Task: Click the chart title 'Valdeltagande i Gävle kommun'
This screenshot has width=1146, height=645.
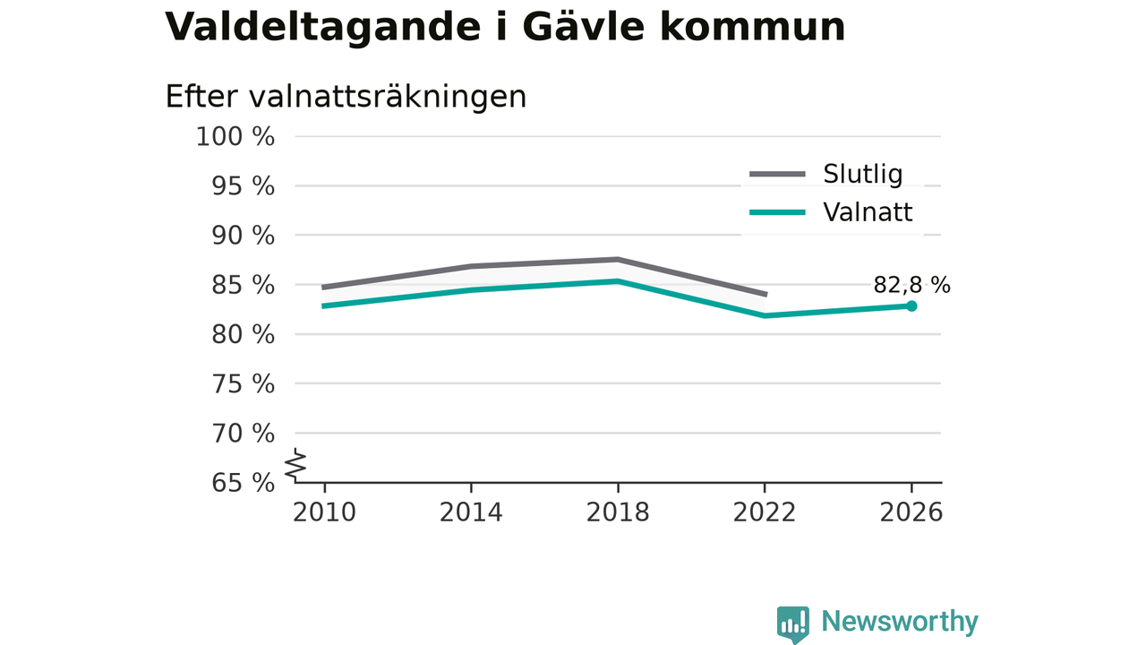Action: (504, 27)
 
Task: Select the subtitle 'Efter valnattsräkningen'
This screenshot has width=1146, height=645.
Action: (346, 97)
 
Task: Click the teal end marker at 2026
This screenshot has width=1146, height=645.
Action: (911, 306)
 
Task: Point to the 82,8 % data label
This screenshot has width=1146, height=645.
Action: (911, 285)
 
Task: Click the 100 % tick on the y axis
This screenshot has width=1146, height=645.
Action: (235, 137)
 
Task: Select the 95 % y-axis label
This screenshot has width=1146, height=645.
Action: (243, 186)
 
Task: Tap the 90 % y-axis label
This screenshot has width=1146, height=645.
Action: (243, 236)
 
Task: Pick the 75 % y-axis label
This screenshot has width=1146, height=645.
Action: (243, 384)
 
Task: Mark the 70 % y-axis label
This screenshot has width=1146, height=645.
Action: (243, 434)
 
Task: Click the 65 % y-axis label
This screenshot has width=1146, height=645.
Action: (243, 483)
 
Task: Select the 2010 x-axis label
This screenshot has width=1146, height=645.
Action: (324, 512)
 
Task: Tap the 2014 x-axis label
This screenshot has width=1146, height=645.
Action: (471, 512)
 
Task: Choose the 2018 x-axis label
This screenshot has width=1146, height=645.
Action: (618, 512)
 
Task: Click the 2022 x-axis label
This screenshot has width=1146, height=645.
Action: (765, 512)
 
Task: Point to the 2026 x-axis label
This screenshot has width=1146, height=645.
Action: (911, 512)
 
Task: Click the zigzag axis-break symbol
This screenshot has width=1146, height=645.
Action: (295, 465)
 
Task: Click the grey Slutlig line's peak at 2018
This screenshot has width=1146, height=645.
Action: (618, 260)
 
